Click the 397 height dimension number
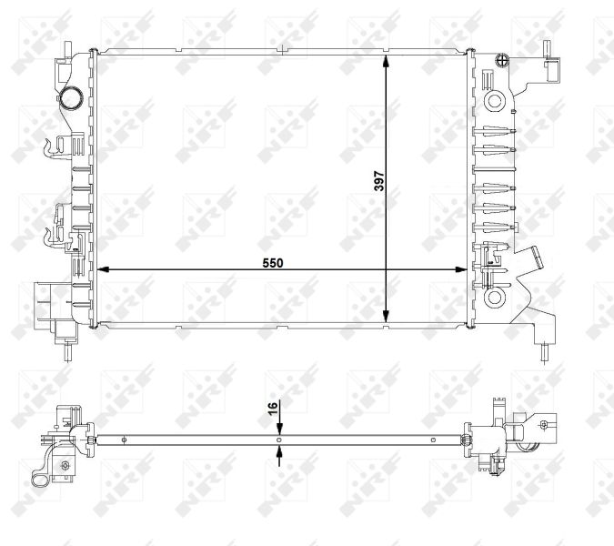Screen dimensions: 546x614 pos(378,183)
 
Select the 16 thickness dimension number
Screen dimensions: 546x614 pos(271,409)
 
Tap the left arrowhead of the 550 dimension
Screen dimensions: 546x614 pos(101,269)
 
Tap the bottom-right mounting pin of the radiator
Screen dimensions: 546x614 pos(545,351)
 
